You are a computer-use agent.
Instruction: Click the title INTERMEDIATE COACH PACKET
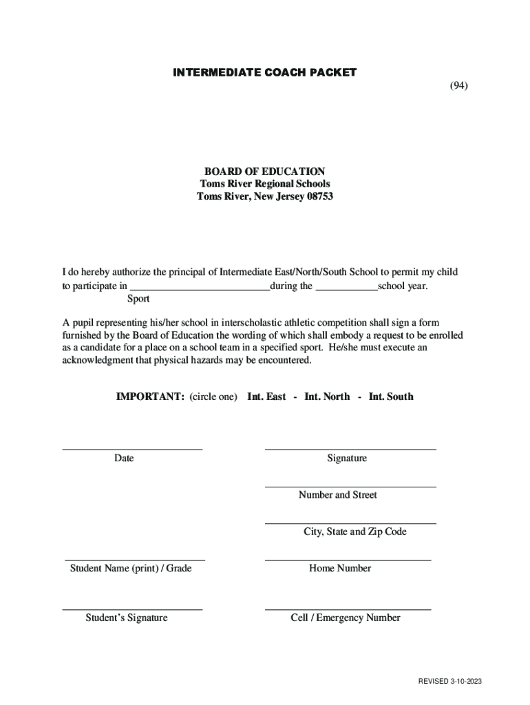click(265, 73)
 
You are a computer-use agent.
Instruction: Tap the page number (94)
click(459, 85)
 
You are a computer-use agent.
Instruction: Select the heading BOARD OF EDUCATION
click(264, 171)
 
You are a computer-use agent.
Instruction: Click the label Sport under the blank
click(138, 299)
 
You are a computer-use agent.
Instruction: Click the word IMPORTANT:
click(149, 397)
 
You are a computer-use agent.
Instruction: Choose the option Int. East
click(266, 397)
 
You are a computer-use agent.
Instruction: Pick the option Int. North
click(327, 397)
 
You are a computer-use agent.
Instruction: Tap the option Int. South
click(391, 397)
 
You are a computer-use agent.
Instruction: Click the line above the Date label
click(132, 449)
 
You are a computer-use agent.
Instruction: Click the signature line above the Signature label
click(350, 449)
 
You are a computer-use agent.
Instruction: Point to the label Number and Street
click(338, 495)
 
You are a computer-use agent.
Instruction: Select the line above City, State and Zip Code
click(350, 523)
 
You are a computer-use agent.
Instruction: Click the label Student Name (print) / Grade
click(131, 568)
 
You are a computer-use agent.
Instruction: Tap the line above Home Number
click(348, 560)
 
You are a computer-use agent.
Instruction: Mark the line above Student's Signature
click(132, 609)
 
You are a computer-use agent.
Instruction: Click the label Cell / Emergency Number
click(346, 618)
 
